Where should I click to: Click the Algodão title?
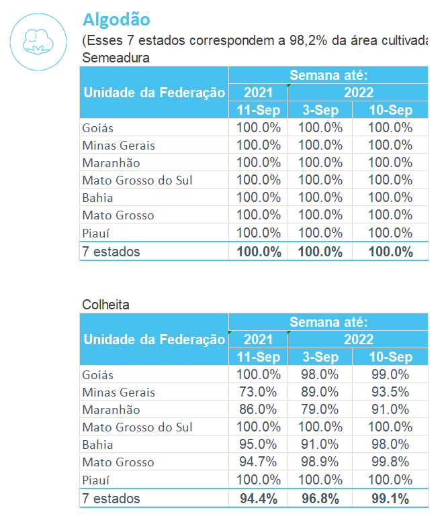point(116,19)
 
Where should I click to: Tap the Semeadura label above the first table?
point(116,58)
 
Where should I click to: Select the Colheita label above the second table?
point(106,305)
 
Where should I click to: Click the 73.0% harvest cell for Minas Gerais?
point(258,393)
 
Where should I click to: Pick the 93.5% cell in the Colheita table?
point(390,393)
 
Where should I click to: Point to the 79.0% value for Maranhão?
point(320,410)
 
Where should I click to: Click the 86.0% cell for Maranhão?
point(258,410)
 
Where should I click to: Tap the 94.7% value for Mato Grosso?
point(258,462)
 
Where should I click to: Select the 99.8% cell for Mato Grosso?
point(390,462)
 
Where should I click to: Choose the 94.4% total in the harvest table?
point(258,499)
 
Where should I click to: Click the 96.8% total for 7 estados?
point(320,499)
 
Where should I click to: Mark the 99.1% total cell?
point(390,499)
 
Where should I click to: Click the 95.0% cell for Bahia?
point(258,445)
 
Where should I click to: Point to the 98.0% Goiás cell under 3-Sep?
point(320,375)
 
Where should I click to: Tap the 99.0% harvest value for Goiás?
point(390,375)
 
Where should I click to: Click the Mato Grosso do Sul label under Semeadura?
point(137,180)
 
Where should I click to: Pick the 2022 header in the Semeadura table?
point(359,93)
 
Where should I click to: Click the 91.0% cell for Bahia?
point(320,445)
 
